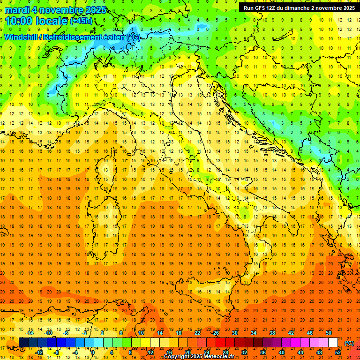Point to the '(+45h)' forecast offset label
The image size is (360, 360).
[x=82, y=21]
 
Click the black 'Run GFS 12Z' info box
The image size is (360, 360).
[x=299, y=8]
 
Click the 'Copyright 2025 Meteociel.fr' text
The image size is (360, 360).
[x=199, y=356]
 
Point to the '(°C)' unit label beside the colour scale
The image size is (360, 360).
[x=349, y=343]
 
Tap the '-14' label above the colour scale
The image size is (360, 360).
[x=30, y=333]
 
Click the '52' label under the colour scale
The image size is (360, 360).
[x=338, y=352]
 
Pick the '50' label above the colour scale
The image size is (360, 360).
[x=329, y=333]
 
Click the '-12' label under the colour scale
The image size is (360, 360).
[x=39, y=352]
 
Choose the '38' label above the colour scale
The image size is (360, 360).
[x=272, y=333]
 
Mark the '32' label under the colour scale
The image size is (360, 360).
[x=244, y=352]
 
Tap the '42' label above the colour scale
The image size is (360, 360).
[x=291, y=333]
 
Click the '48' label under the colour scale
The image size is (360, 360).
[x=319, y=352]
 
